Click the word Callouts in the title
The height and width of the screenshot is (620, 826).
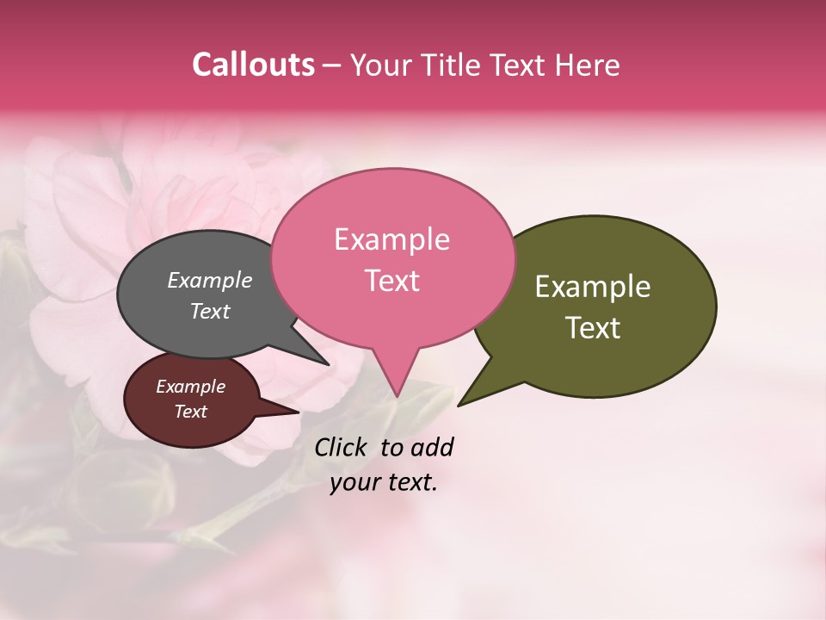coord(253,65)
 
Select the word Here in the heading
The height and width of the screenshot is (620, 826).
coord(587,65)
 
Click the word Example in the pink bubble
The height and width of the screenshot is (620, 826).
coord(391,239)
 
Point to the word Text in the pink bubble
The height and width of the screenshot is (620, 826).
coord(391,280)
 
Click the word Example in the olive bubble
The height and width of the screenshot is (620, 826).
coord(593,287)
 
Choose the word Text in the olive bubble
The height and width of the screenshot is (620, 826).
coord(593,328)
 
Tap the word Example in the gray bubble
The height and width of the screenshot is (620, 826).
coord(209,280)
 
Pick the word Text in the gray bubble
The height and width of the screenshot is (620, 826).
coord(209,311)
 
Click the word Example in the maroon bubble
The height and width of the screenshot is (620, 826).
coord(190,387)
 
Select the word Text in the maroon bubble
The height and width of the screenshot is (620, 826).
coord(190,412)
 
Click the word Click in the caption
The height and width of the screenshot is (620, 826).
coord(342,447)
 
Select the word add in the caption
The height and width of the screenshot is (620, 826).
coord(432,447)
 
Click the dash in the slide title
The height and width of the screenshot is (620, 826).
coord(332,65)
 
